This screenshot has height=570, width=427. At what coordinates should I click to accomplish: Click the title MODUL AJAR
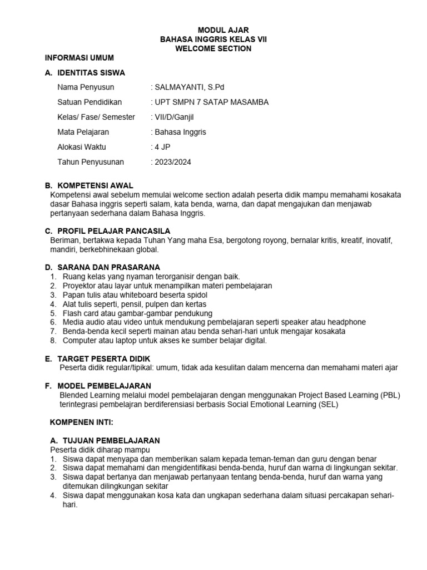(224, 30)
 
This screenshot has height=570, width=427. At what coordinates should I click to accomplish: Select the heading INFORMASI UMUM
(79, 58)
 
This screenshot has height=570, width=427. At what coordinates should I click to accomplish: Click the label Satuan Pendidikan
(90, 102)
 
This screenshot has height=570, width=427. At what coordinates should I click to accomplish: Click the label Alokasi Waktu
(82, 147)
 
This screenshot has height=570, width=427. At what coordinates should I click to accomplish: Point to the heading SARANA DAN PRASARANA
(108, 267)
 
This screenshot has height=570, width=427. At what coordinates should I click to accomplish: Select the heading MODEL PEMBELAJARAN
(104, 386)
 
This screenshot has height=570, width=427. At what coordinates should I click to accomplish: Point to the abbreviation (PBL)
(390, 395)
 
